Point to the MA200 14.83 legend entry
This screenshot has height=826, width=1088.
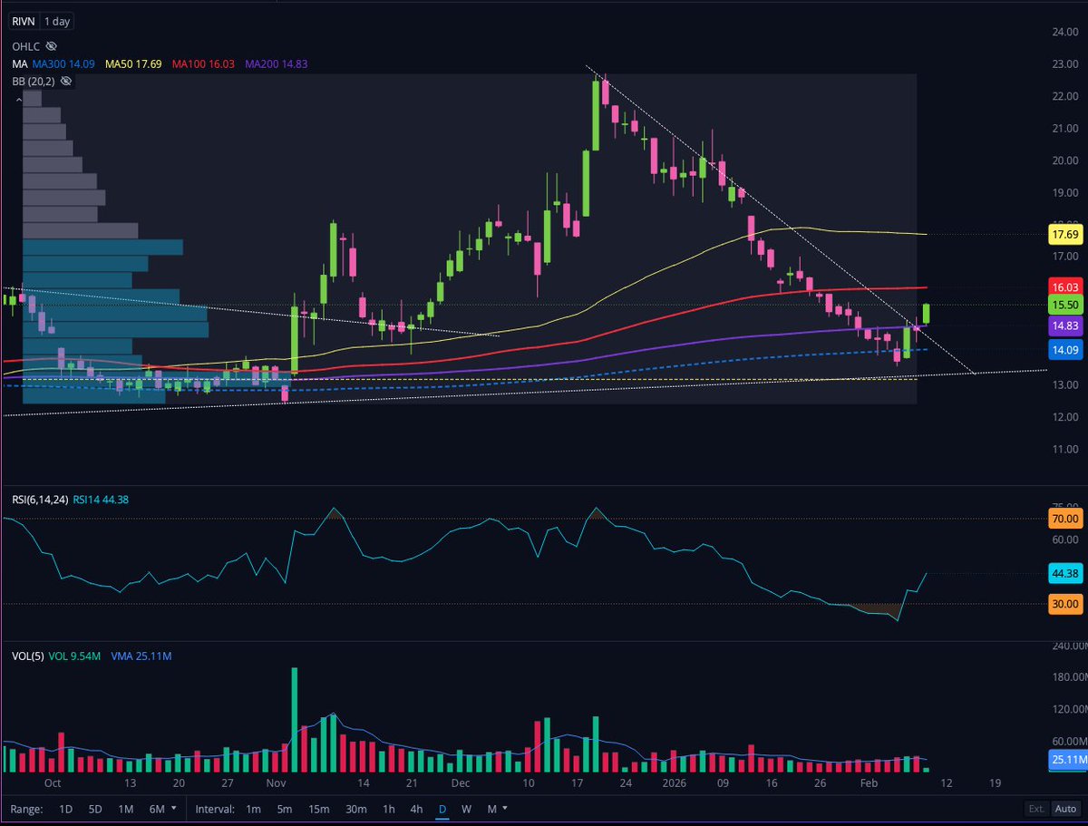(x=258, y=63)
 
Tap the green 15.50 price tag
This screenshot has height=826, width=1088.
(x=1062, y=304)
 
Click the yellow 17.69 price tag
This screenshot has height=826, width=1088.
(x=1062, y=235)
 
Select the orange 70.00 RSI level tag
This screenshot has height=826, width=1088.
(x=1062, y=520)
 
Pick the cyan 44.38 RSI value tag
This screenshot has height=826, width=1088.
(x=1062, y=573)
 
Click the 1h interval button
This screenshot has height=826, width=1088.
(x=388, y=809)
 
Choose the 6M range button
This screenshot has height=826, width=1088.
(x=156, y=809)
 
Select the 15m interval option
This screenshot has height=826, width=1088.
(x=318, y=809)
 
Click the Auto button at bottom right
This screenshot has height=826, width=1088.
(x=1065, y=809)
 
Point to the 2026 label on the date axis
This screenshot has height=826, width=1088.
(x=674, y=782)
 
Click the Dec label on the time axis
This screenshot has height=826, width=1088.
(x=461, y=782)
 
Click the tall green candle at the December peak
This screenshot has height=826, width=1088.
(x=597, y=115)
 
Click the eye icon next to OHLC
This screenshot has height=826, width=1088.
(x=52, y=45)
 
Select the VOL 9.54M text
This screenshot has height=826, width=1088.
(x=75, y=654)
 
